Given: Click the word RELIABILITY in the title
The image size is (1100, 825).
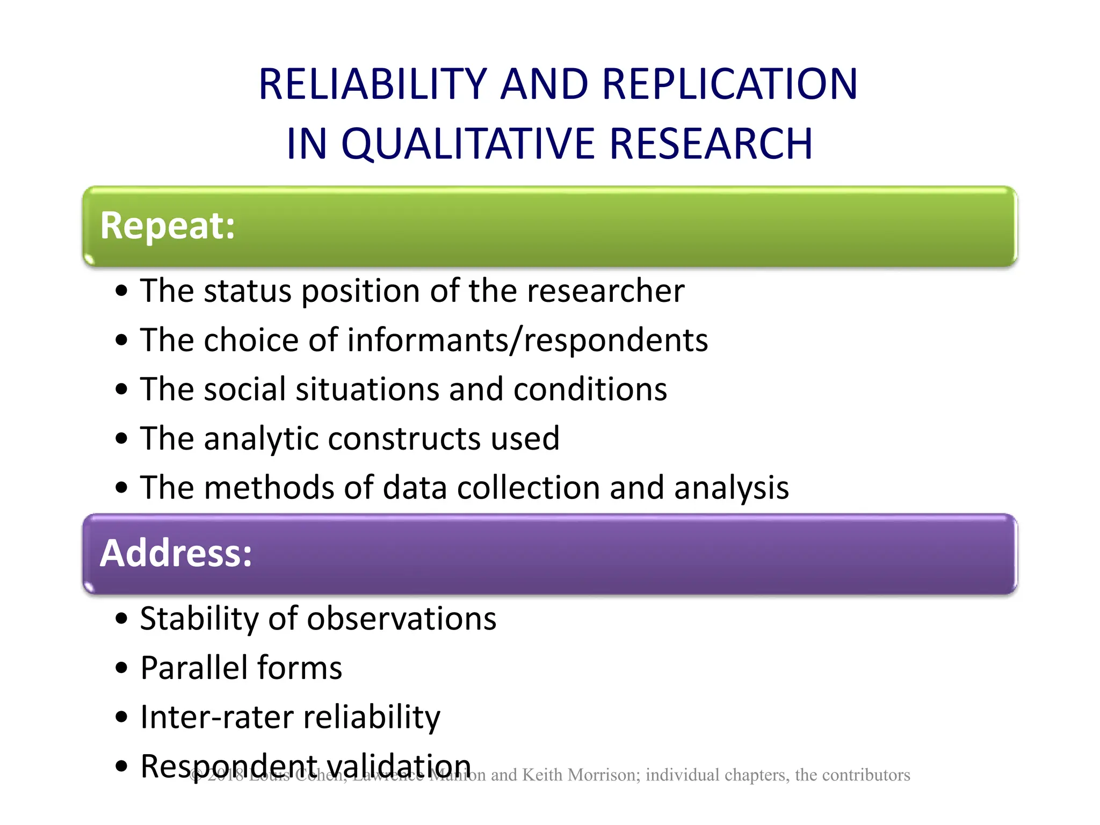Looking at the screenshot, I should click(372, 84).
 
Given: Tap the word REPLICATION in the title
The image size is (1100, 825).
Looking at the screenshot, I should click(729, 84).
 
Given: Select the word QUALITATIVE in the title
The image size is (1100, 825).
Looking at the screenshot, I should click(468, 144).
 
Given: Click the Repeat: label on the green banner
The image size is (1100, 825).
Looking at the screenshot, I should click(168, 226).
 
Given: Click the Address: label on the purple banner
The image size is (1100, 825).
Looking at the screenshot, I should click(176, 553).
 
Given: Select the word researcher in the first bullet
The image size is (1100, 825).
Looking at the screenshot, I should click(605, 291).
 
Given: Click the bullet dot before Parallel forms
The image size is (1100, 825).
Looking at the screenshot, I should click(122, 669).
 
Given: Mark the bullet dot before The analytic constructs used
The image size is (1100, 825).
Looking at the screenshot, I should click(122, 439).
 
